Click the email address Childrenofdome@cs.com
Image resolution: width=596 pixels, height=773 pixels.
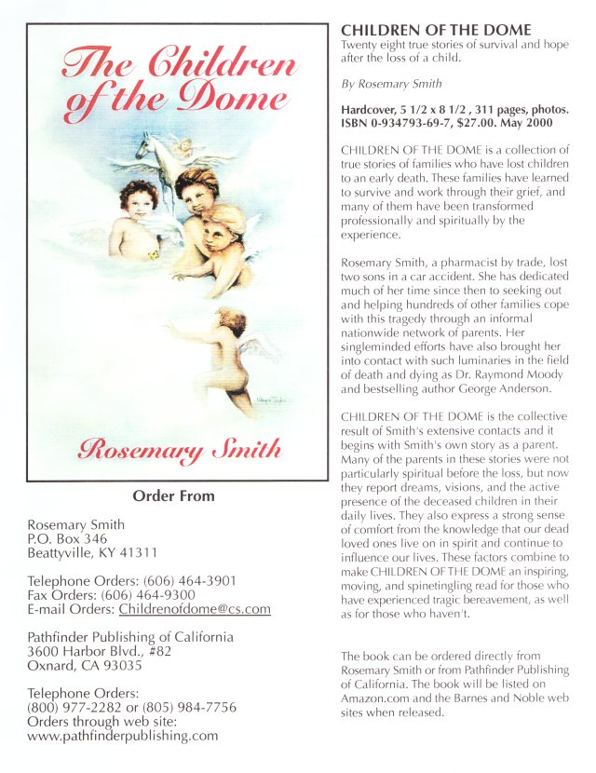(x=195, y=609)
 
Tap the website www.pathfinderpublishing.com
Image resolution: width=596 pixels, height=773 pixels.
(x=123, y=735)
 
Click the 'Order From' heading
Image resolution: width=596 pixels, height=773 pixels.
(x=173, y=495)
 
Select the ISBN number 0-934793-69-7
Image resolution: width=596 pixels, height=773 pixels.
(x=411, y=122)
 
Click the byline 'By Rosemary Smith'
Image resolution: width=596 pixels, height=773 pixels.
(x=391, y=84)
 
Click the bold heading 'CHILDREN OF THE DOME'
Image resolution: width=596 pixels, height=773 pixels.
(x=436, y=30)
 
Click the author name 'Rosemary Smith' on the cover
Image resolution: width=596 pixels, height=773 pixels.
(x=179, y=450)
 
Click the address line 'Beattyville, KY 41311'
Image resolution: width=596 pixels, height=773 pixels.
(x=91, y=552)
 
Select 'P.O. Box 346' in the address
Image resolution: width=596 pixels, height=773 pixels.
(x=68, y=538)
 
